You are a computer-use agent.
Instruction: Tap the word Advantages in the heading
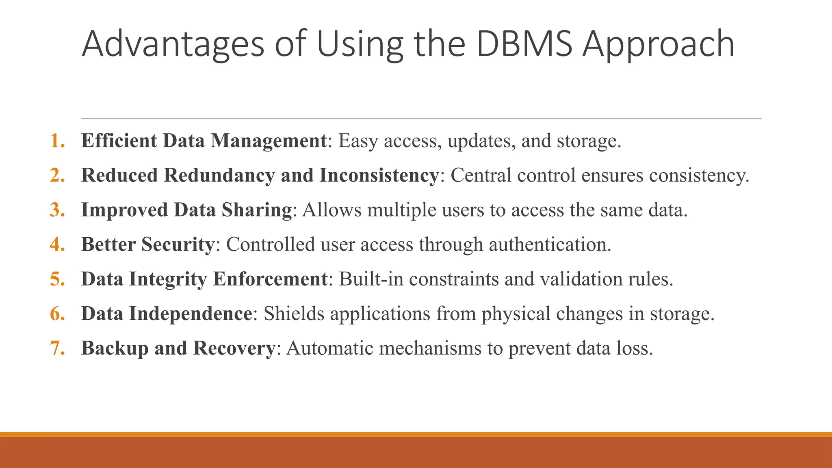(173, 45)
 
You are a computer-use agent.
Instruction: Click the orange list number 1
(57, 141)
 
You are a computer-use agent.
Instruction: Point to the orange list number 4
(57, 245)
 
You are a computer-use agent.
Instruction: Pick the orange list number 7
(57, 348)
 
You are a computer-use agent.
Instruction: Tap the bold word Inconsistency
(379, 175)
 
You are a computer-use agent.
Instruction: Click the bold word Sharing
(256, 210)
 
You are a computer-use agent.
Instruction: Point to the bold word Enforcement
(270, 279)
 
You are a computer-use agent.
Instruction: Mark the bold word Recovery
(234, 348)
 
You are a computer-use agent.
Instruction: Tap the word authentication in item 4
(550, 245)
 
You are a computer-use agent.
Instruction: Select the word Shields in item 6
(294, 314)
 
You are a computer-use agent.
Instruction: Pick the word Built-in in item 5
(371, 279)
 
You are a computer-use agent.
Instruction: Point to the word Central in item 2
(481, 175)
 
